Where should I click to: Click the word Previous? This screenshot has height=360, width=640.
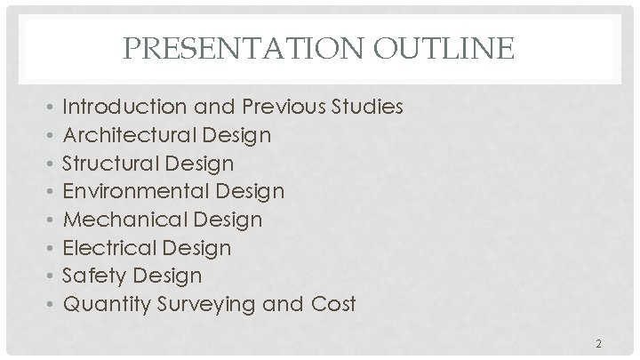pyautogui.click(x=283, y=108)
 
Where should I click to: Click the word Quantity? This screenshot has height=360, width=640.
pyautogui.click(x=102, y=304)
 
